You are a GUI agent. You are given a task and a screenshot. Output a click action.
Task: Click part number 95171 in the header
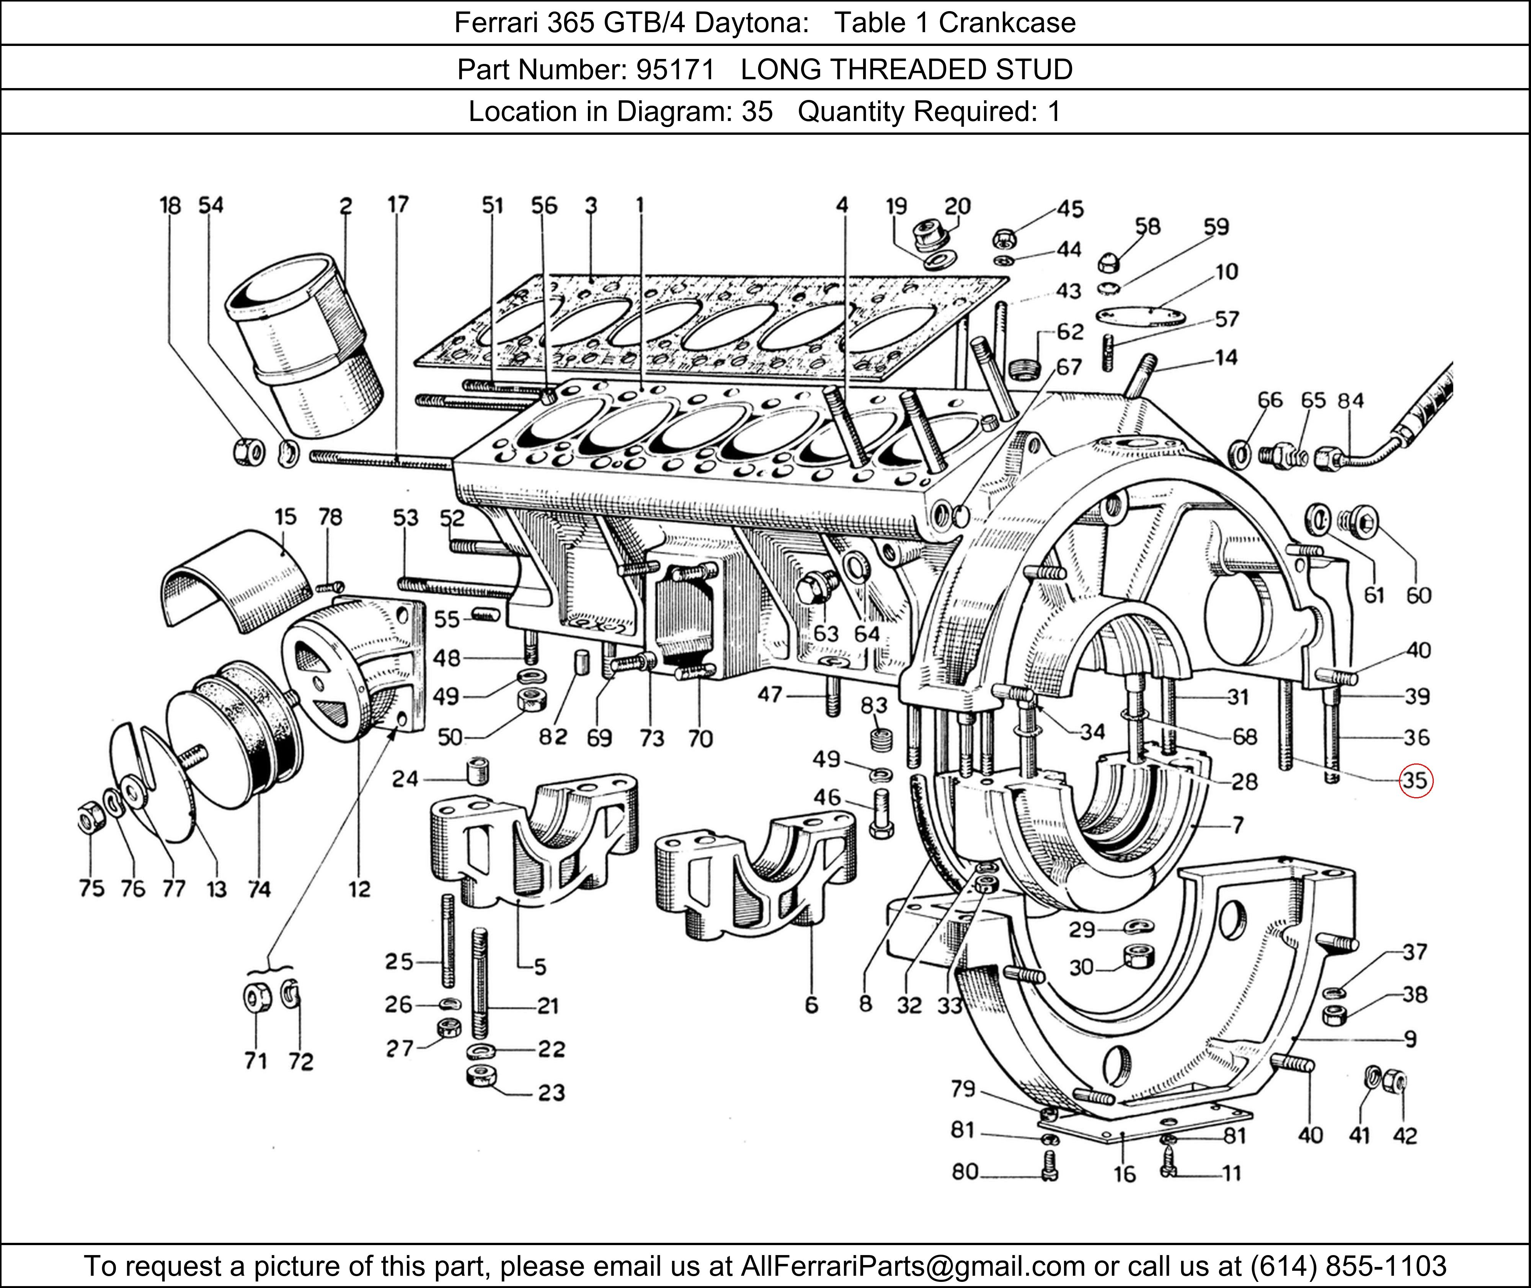point(675,69)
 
